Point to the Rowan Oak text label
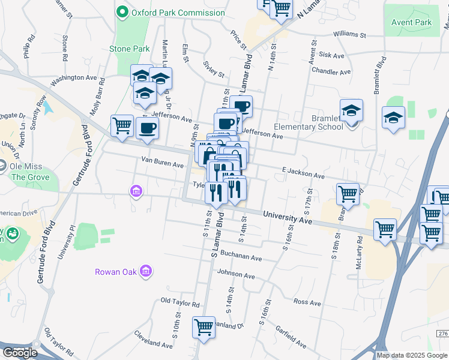[116, 272]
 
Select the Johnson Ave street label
[236, 275]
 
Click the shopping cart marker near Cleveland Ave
[203, 328]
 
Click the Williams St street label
[349, 34]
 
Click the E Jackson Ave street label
[303, 173]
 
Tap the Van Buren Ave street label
[162, 163]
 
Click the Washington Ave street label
[74, 79]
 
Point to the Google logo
[20, 353]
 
